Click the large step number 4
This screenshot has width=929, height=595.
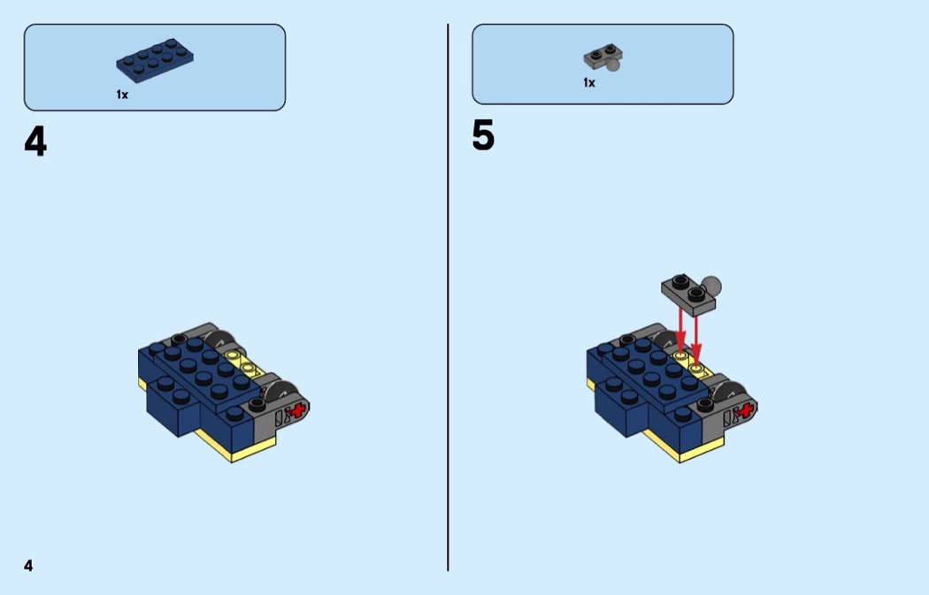point(35,142)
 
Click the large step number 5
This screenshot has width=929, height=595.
point(483,135)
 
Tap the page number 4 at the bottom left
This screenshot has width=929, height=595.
point(28,566)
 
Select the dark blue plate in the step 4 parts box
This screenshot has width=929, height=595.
point(155,60)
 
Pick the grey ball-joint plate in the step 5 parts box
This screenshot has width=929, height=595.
point(603,57)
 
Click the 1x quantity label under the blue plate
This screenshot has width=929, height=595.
point(122,95)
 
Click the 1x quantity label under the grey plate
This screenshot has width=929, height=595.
point(589,83)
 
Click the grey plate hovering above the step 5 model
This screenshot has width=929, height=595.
point(688,294)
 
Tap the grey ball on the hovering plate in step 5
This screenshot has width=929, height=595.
point(711,286)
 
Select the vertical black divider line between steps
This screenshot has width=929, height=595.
point(448,297)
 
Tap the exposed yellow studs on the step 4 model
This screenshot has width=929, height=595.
point(243,362)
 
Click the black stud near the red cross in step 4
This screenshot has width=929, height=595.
point(257,404)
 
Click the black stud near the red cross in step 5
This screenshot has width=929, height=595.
point(705,404)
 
